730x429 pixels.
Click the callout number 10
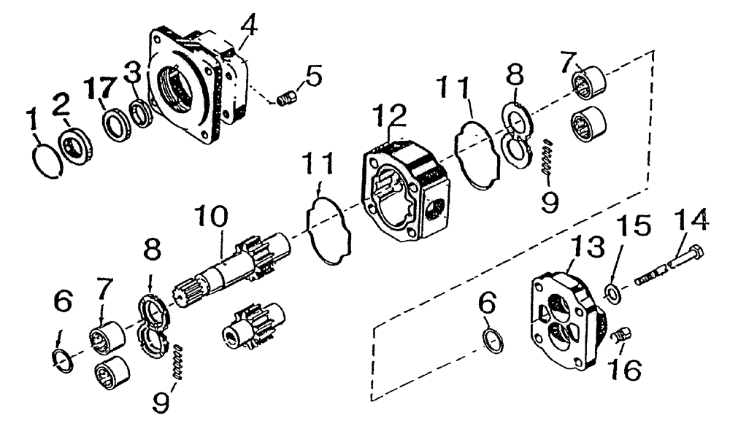coord(211,217)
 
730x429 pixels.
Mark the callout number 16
coord(628,369)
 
